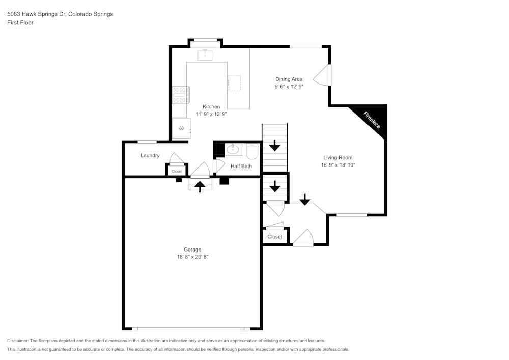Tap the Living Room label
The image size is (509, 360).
tap(337, 158)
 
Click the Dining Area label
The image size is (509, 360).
tap(289, 79)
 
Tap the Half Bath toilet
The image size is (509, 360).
tap(252, 151)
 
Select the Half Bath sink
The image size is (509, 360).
tap(234, 150)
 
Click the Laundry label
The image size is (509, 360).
tap(150, 156)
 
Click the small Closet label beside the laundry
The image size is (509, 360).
tap(176, 172)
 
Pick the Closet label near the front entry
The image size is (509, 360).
tap(275, 237)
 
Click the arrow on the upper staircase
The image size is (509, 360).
tap(275, 146)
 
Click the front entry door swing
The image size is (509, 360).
tap(304, 238)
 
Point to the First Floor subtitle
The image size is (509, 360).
tap(20, 23)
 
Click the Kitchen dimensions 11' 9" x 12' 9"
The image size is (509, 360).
tap(211, 114)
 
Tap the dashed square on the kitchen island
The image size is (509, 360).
tap(234, 82)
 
